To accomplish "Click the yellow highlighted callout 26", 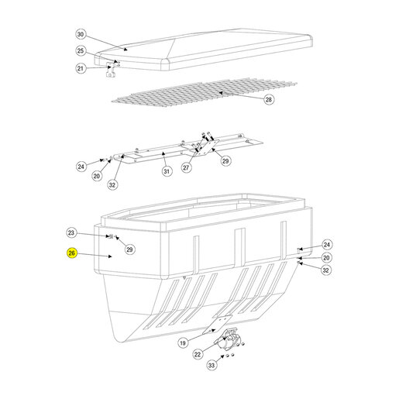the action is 72,253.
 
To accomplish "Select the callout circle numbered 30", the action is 81,34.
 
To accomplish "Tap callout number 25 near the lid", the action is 81,51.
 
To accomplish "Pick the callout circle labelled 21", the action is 81,68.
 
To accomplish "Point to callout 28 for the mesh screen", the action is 269,99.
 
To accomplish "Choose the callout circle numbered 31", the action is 167,171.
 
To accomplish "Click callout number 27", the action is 186,167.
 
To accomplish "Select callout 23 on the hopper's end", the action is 71,232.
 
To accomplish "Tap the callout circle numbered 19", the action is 183,343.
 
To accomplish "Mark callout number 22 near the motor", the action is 198,354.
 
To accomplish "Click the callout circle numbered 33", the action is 212,365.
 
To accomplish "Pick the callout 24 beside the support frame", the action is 81,167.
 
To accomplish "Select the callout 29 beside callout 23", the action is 129,249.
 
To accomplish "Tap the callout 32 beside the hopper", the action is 326,270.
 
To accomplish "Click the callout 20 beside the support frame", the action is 97,176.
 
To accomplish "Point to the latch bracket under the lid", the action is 111,71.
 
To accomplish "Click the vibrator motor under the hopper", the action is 226,339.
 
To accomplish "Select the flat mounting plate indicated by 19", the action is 217,325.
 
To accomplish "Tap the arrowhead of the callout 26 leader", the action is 110,256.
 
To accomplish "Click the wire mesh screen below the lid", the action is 204,92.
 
